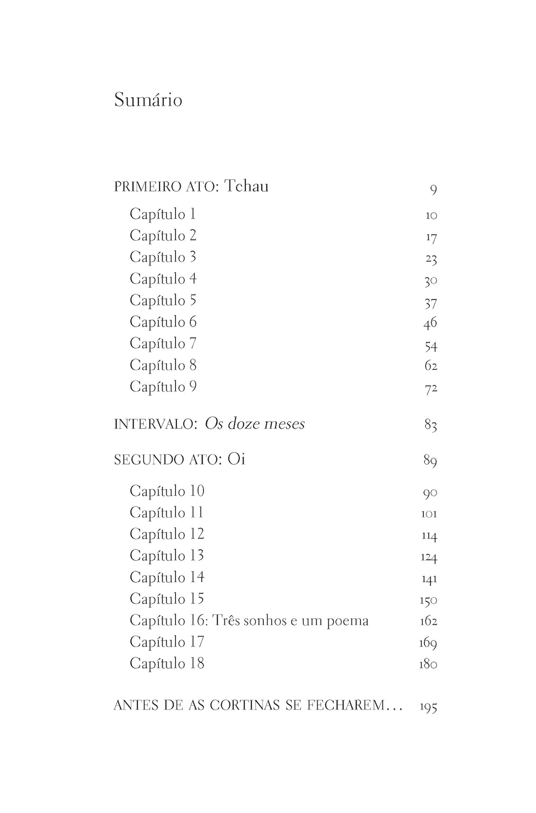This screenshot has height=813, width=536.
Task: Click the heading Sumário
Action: pyautogui.click(x=148, y=100)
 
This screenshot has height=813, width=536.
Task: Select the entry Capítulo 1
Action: pyautogui.click(x=162, y=214)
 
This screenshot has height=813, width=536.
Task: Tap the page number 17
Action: pyautogui.click(x=431, y=237)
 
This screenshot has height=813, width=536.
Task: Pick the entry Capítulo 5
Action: pyautogui.click(x=163, y=300)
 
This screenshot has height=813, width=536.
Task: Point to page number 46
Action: pyautogui.click(x=430, y=324)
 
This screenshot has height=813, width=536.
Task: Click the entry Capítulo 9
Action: pyautogui.click(x=163, y=386)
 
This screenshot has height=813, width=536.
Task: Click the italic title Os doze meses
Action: pyautogui.click(x=255, y=424)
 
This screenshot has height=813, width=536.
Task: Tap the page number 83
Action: pyautogui.click(x=430, y=425)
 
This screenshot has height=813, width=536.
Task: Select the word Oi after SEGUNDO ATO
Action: pyautogui.click(x=237, y=459)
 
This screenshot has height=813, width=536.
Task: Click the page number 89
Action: pyautogui.click(x=430, y=461)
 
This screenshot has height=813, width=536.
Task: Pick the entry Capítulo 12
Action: pyautogui.click(x=167, y=534)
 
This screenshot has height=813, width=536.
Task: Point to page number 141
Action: pyautogui.click(x=429, y=579)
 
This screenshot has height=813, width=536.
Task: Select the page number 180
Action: pyautogui.click(x=428, y=664)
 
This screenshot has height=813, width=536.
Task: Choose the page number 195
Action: pyautogui.click(x=429, y=707)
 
